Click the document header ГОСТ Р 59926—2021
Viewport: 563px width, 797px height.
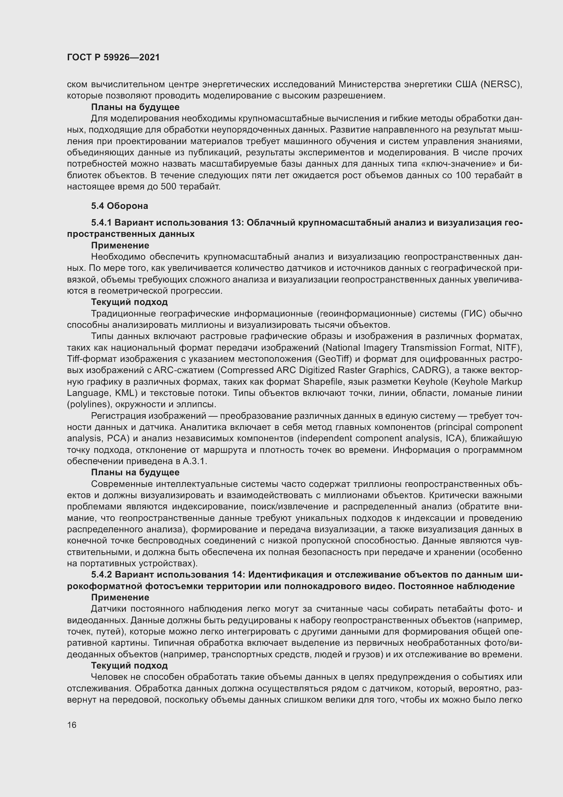click(x=113, y=58)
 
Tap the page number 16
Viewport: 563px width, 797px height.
click(x=72, y=725)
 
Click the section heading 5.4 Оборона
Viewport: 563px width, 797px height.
click(x=119, y=206)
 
